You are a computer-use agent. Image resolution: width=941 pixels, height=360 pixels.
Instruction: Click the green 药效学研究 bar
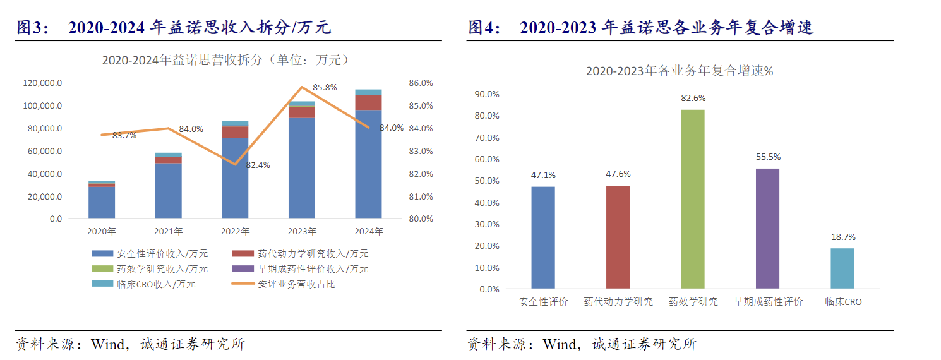pos(692,199)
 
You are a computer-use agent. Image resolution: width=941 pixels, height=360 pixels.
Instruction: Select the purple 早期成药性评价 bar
pos(767,229)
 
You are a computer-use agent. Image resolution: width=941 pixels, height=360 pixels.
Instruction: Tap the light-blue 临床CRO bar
pos(842,268)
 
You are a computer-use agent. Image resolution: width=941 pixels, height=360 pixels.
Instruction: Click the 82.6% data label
pos(693,99)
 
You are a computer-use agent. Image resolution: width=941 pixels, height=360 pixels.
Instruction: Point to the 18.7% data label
pos(842,237)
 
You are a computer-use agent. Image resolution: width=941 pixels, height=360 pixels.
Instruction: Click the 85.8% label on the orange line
pos(325,87)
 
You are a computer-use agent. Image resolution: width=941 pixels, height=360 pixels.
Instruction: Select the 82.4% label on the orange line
pos(258,165)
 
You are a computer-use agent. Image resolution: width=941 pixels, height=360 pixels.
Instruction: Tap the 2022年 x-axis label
pos(236,232)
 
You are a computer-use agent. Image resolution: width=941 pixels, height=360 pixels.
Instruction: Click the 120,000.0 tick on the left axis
pos(42,83)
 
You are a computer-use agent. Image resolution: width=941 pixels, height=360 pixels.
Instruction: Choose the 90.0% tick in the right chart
pos(487,94)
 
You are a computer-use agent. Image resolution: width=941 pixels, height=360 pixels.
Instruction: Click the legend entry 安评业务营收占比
pos(296,284)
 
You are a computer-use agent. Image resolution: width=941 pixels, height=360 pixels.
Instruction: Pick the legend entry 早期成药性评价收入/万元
pos(313,269)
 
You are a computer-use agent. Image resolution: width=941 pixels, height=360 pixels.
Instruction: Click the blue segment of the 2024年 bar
pos(368,164)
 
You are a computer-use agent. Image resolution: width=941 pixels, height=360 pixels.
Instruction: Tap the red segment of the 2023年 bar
pos(302,112)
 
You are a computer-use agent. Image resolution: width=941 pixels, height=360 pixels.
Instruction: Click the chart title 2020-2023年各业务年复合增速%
pos(679,71)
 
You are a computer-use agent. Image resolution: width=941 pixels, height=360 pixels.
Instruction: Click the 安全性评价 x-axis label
pos(543,302)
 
